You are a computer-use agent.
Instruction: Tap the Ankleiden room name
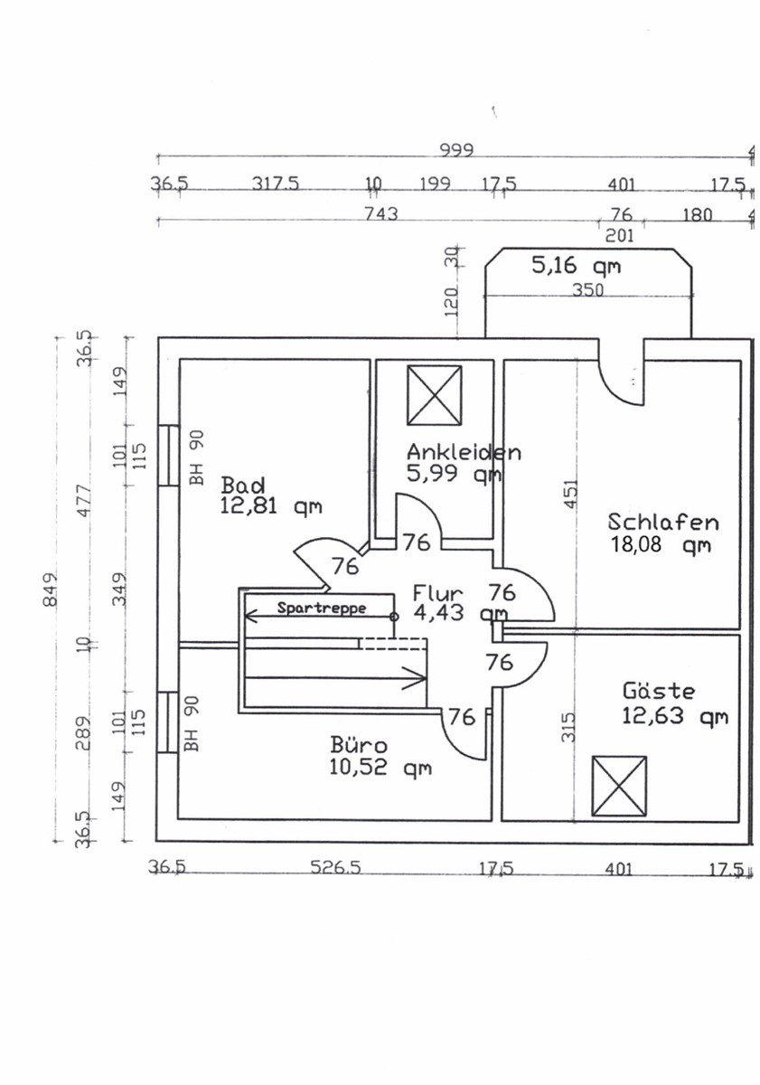tap(464, 452)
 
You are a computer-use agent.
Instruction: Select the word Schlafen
tap(663, 523)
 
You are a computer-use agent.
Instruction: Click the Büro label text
tap(359, 744)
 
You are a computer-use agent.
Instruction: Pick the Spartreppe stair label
tap(322, 608)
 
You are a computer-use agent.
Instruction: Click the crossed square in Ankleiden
tap(434, 395)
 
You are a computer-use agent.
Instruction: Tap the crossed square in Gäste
tap(619, 785)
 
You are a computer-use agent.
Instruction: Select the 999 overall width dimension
tap(456, 151)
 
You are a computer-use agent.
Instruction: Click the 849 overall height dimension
tap(51, 589)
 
